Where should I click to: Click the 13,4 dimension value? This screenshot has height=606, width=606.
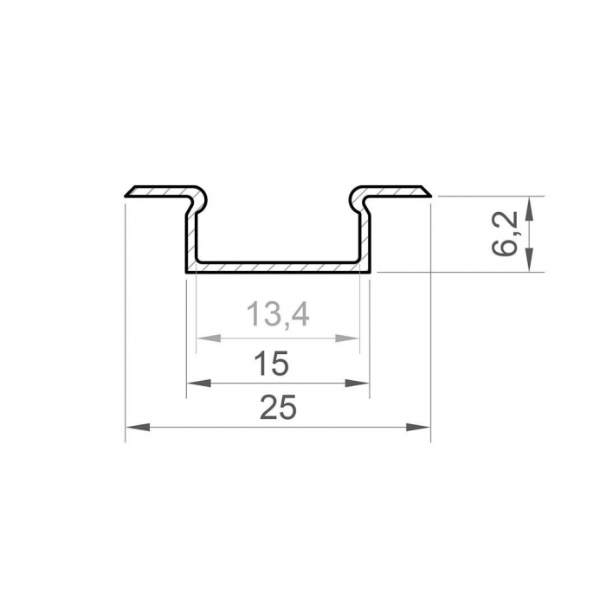point(278,315)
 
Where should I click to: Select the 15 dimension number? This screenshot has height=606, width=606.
point(272,364)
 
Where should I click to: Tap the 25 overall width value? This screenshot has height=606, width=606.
point(278,407)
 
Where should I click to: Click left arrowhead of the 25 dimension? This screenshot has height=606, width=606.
point(135,426)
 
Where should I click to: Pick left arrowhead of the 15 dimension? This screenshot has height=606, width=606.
point(196,383)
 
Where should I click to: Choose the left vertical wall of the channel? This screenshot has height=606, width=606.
point(190,234)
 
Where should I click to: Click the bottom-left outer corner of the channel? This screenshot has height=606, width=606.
point(185,272)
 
